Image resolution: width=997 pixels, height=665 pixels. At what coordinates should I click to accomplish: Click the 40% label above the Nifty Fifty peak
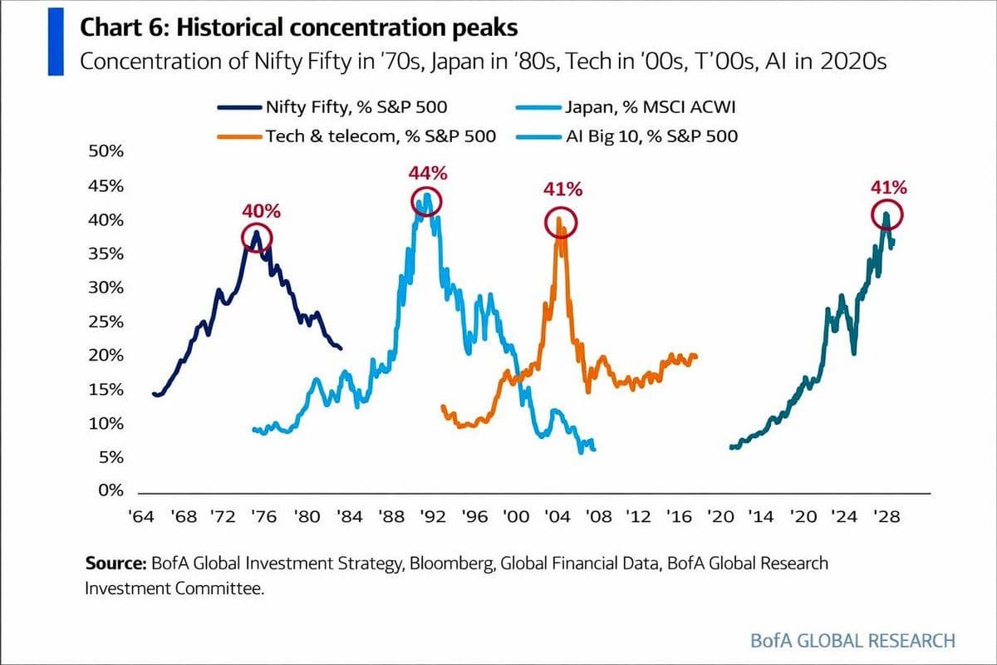tap(262, 211)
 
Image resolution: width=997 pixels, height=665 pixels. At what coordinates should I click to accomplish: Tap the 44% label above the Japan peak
tap(428, 174)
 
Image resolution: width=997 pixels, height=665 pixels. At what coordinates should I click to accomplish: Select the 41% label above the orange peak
tap(562, 190)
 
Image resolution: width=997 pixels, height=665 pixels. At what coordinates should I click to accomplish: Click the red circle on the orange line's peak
tap(561, 223)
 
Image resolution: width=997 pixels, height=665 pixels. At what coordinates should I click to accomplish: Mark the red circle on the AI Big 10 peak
tap(886, 215)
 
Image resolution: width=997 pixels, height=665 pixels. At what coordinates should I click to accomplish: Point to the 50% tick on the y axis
tap(106, 152)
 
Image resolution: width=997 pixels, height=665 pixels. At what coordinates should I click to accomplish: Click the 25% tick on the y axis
tap(106, 322)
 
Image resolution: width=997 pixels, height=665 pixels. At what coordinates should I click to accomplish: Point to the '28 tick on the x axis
tap(886, 516)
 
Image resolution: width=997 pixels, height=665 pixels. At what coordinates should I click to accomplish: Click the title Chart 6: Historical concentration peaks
tap(298, 27)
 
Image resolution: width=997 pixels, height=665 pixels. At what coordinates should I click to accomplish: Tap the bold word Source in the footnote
tap(115, 563)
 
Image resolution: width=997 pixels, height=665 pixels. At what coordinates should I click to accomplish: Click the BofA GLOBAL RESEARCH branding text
tap(852, 641)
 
